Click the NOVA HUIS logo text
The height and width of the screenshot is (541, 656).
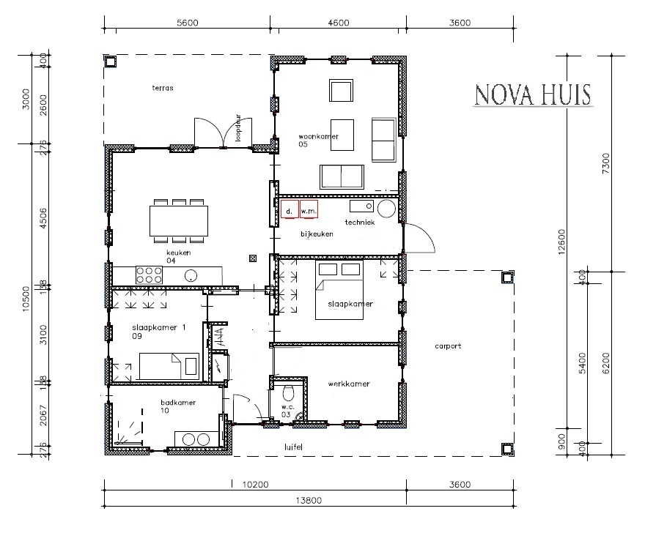point(534,96)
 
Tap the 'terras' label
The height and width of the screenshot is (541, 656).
point(162,88)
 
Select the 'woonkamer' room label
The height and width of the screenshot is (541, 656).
point(316,137)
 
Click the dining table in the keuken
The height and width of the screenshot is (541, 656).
point(178,220)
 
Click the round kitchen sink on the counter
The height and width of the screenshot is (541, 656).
point(191,276)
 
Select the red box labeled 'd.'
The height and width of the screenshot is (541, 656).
point(289,210)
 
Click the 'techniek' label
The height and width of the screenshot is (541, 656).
point(360,221)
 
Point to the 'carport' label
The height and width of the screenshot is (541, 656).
point(447,346)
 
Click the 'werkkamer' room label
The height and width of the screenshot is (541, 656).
point(349,384)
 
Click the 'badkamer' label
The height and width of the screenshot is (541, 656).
point(178,402)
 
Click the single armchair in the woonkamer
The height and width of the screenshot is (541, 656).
point(342,91)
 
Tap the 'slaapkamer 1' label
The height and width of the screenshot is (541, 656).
point(157,327)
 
